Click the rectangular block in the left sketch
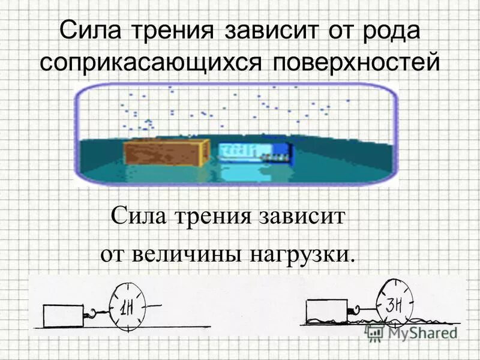coord(63,314)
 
